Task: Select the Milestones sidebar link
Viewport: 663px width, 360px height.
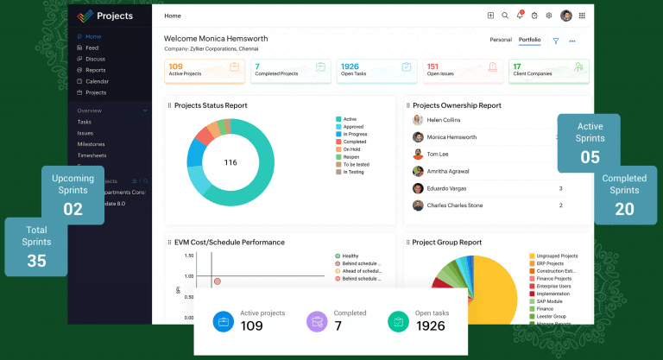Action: pos(91,144)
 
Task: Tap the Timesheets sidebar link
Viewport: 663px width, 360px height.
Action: pos(92,155)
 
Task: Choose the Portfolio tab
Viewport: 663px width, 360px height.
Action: pos(529,40)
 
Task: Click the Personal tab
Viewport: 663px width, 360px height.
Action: pos(501,40)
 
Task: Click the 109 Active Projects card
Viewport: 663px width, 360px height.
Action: pos(204,70)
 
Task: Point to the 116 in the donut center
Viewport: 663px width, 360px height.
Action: pos(230,162)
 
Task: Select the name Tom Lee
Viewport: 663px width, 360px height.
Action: pos(437,154)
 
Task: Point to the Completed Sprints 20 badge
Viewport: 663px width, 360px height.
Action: pos(624,194)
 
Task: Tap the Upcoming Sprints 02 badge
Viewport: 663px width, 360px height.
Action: pos(73,194)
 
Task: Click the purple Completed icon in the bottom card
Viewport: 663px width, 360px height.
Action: pos(317,321)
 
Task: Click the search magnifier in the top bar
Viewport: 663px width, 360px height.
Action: pos(505,16)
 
